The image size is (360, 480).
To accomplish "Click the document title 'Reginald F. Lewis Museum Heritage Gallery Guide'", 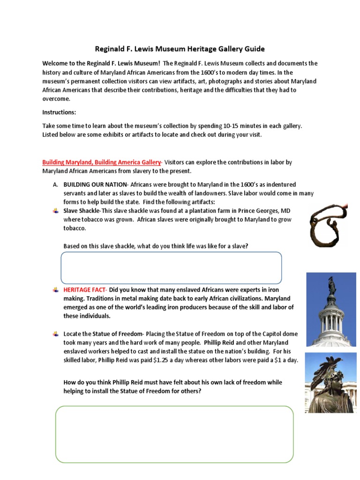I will pos(180,49).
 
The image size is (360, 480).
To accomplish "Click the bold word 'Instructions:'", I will pos(59,112).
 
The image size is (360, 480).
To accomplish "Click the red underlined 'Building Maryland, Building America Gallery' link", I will pos(101,162).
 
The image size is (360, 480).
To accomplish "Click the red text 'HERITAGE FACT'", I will pos(85,290).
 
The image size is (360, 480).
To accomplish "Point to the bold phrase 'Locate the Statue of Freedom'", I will pos(103,334).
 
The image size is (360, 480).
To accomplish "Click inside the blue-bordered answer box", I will pos(171,268).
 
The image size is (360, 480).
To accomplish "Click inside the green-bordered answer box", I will pos(174,435).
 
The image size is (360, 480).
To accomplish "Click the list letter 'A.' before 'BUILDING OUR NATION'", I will pos(55,185).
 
